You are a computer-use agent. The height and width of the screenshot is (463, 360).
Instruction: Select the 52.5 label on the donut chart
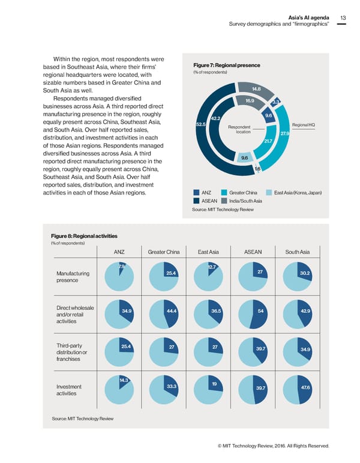tap(201, 124)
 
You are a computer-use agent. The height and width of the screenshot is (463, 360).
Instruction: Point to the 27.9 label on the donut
tap(285, 134)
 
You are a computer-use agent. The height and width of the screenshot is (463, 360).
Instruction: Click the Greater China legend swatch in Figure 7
tap(225, 193)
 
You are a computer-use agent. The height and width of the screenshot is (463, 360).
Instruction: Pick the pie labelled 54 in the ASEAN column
tap(253, 313)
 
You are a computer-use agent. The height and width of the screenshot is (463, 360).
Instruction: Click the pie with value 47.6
tap(296, 389)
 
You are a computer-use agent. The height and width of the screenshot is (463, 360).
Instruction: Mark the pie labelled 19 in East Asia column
tap(208, 389)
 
